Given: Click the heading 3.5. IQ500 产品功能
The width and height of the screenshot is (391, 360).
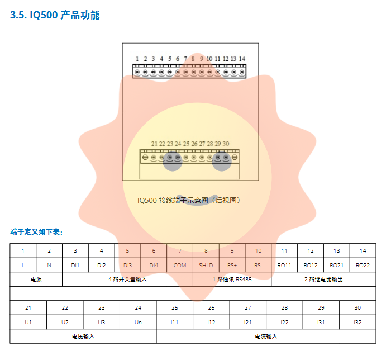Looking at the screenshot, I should (x=55, y=15).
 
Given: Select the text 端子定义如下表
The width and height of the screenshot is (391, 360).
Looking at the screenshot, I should (x=37, y=232).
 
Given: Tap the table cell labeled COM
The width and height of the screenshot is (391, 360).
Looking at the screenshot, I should (x=180, y=265).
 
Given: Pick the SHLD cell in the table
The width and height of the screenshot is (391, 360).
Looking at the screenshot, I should (x=206, y=265).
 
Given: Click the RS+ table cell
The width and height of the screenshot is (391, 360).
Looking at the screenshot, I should (x=232, y=265).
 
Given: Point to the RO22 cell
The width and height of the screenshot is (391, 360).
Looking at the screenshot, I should (x=363, y=265).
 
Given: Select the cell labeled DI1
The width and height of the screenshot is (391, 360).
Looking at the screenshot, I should (x=75, y=265).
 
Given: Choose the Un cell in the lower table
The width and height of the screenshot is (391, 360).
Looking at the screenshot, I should (x=138, y=322).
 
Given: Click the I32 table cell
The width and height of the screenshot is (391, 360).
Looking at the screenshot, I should (x=357, y=322).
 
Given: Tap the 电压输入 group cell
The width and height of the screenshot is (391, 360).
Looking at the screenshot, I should (x=83, y=336).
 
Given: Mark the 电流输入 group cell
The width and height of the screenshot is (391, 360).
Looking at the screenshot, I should (x=266, y=336).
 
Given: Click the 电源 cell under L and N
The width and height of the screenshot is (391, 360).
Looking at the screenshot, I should (x=36, y=279).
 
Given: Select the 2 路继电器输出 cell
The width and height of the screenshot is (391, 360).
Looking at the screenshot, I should (x=323, y=279).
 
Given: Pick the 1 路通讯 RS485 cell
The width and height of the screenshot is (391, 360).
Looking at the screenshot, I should (x=232, y=279).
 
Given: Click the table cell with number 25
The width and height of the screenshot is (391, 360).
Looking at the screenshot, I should (x=175, y=308).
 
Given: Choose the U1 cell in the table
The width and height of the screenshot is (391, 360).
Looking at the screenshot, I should (x=28, y=322).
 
